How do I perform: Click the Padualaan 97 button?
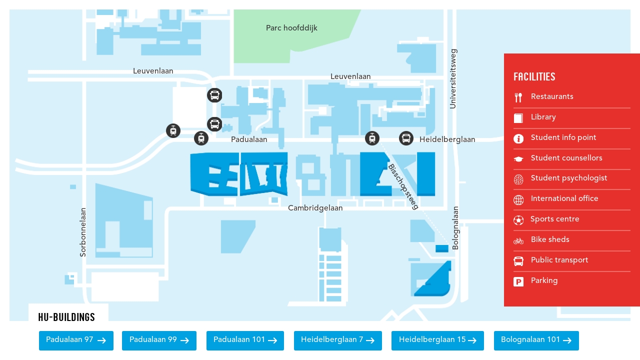(x=76, y=340)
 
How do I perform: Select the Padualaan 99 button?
(x=159, y=340)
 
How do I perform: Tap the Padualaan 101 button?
(x=245, y=340)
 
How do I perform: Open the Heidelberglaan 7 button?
(x=337, y=340)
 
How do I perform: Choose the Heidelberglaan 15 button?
(x=437, y=340)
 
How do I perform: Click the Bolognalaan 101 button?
(x=536, y=340)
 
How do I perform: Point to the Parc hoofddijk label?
(x=291, y=28)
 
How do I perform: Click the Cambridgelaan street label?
(x=315, y=208)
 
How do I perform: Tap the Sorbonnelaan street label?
(x=83, y=232)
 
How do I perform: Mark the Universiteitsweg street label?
(x=453, y=78)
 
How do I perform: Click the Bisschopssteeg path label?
(x=403, y=187)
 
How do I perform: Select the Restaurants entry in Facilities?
(x=552, y=97)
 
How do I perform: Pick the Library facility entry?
(x=543, y=117)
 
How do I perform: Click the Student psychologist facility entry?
(x=569, y=178)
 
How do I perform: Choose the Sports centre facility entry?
(x=555, y=219)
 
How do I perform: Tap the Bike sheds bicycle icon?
(x=518, y=241)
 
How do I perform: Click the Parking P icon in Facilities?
(x=518, y=282)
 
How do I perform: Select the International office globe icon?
(x=518, y=200)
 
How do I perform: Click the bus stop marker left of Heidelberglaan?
(x=406, y=138)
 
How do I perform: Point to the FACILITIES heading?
(x=534, y=77)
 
